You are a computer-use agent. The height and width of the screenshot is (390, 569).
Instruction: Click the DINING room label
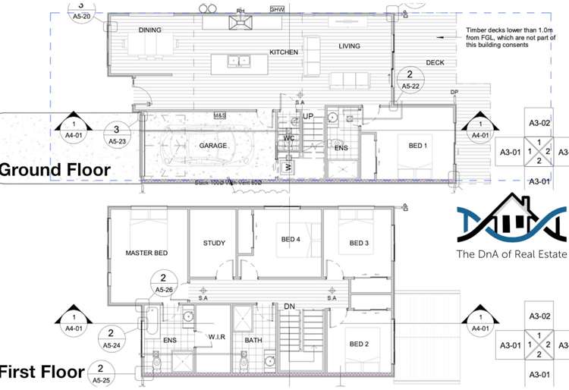coord(150,30)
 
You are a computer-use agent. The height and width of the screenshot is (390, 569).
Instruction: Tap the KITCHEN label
coord(284,52)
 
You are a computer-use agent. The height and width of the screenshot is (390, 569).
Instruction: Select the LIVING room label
coord(349,46)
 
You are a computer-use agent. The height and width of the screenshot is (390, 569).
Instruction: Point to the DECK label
coord(435,63)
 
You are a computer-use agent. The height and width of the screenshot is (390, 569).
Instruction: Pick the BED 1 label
coord(418,146)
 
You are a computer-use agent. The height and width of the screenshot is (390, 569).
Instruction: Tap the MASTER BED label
coord(146,253)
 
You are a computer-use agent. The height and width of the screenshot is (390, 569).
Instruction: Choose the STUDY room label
coord(214,244)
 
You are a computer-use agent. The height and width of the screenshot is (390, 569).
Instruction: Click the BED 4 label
coord(291,240)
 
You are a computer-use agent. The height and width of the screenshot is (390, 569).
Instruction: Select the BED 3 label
coord(359,243)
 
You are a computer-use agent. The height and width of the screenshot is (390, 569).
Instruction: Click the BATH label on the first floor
coord(253,341)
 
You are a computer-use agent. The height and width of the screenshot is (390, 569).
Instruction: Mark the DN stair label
coord(289,307)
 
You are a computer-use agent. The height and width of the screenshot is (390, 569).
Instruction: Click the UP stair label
coord(308,116)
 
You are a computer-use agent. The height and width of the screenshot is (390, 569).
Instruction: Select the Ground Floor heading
coord(55,170)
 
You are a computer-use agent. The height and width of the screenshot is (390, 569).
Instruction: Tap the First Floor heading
coord(42,372)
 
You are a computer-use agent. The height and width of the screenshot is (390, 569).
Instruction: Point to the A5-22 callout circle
coord(410,80)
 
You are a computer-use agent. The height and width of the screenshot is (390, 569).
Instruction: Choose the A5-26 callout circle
coord(164,283)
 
